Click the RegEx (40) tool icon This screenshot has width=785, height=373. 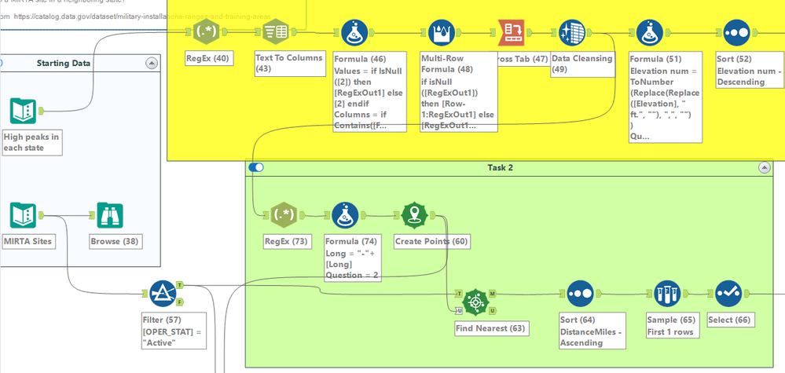[207, 33]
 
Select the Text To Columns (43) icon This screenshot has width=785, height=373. [276, 33]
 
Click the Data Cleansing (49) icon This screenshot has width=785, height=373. [572, 33]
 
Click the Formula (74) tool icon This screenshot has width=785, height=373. [345, 215]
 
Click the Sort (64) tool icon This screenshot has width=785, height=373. [579, 294]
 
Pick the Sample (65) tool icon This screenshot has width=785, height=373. [666, 294]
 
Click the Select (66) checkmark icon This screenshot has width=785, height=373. [728, 294]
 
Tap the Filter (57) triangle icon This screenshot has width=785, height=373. [163, 294]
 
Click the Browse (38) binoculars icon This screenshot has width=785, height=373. [109, 215]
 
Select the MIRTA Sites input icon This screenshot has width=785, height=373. [24, 215]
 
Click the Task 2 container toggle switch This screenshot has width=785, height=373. [256, 167]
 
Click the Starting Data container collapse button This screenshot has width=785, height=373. [152, 63]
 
